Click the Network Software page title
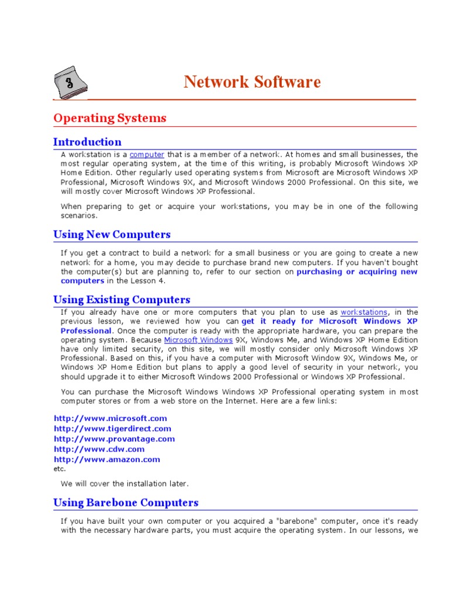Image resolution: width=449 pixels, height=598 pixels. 252,82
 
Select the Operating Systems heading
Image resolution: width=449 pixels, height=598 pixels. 110,118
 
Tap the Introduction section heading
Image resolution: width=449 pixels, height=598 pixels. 87,142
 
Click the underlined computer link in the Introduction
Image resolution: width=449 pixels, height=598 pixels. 147,155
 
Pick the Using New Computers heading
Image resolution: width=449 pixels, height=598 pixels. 112,235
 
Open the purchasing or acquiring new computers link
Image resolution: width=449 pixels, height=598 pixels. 357,272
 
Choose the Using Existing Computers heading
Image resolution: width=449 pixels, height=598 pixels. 122,300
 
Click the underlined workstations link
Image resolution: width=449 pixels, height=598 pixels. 364,312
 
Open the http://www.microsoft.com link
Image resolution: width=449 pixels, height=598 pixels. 110,418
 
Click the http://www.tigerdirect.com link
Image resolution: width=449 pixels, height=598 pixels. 112,429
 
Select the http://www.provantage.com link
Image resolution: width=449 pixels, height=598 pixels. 114,439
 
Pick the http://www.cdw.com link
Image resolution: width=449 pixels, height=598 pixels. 99,449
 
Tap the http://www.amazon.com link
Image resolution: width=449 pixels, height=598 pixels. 106,460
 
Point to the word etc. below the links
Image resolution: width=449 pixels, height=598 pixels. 60,468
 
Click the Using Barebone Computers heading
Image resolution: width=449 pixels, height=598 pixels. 126,503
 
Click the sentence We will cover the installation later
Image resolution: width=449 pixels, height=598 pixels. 125,484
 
